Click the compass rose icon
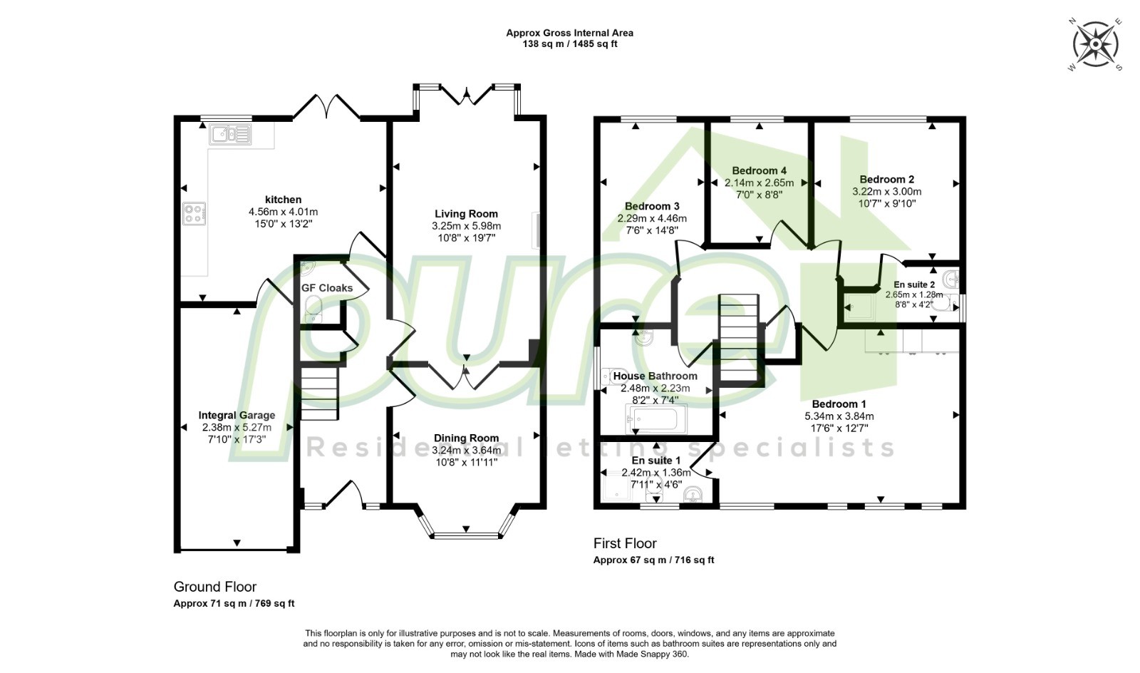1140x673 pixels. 1094,44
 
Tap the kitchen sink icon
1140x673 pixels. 230,135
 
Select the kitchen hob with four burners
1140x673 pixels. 195,214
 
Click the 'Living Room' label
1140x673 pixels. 466,214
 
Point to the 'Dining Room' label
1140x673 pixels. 466,438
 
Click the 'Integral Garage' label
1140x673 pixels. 237,415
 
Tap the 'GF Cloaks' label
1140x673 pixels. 327,288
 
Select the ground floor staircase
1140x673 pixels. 320,394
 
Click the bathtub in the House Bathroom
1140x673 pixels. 655,419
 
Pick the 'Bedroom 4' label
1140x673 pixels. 760,170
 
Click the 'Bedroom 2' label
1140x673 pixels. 886,179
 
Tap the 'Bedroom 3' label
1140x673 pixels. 652,206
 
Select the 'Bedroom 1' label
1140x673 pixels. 839,404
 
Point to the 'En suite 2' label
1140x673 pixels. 914,284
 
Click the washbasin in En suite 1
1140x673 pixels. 693,494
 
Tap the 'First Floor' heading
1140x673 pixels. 625,543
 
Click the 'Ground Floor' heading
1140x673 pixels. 214,587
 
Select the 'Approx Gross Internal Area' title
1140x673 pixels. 569,33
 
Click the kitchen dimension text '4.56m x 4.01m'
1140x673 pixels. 283,212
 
